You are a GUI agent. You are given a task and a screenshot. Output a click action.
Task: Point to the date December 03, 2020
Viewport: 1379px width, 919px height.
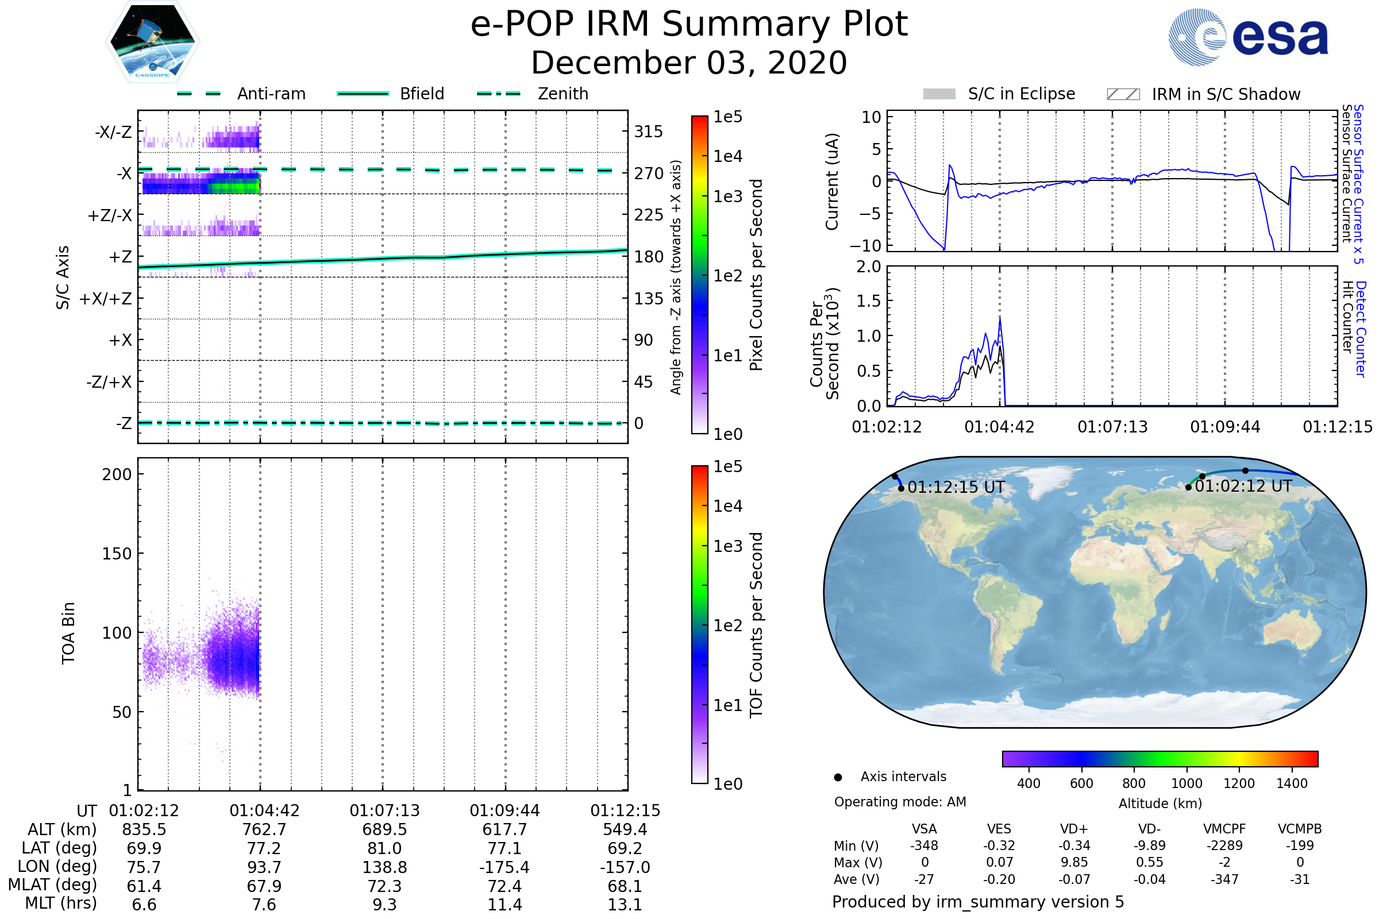click(689, 63)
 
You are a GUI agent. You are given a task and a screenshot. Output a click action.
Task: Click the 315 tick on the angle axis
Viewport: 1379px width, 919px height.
click(648, 132)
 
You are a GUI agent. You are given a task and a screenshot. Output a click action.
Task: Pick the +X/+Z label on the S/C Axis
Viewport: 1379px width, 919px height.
click(106, 299)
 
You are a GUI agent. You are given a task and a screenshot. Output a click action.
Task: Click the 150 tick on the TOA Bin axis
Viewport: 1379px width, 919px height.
click(117, 554)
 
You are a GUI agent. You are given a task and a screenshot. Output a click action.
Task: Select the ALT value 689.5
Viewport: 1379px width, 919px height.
click(384, 830)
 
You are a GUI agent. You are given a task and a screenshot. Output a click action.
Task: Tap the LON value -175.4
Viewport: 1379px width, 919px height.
click(504, 867)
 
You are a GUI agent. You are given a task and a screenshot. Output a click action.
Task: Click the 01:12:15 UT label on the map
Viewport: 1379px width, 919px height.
click(956, 488)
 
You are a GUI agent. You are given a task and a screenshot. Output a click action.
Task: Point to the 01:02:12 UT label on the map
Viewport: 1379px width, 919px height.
click(1243, 486)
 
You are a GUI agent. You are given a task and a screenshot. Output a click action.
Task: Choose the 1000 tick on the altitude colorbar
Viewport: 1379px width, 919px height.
click(1186, 783)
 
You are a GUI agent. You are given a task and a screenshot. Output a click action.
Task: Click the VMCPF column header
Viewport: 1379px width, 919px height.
click(1224, 829)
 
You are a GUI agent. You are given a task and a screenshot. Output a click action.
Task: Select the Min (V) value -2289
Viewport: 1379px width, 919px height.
click(1224, 845)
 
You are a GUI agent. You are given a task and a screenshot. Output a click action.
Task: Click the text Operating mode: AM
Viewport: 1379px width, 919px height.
click(900, 802)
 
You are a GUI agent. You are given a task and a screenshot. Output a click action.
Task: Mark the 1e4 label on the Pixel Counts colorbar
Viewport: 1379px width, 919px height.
click(727, 156)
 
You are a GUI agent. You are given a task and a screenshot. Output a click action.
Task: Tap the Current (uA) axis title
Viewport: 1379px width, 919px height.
click(832, 182)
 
